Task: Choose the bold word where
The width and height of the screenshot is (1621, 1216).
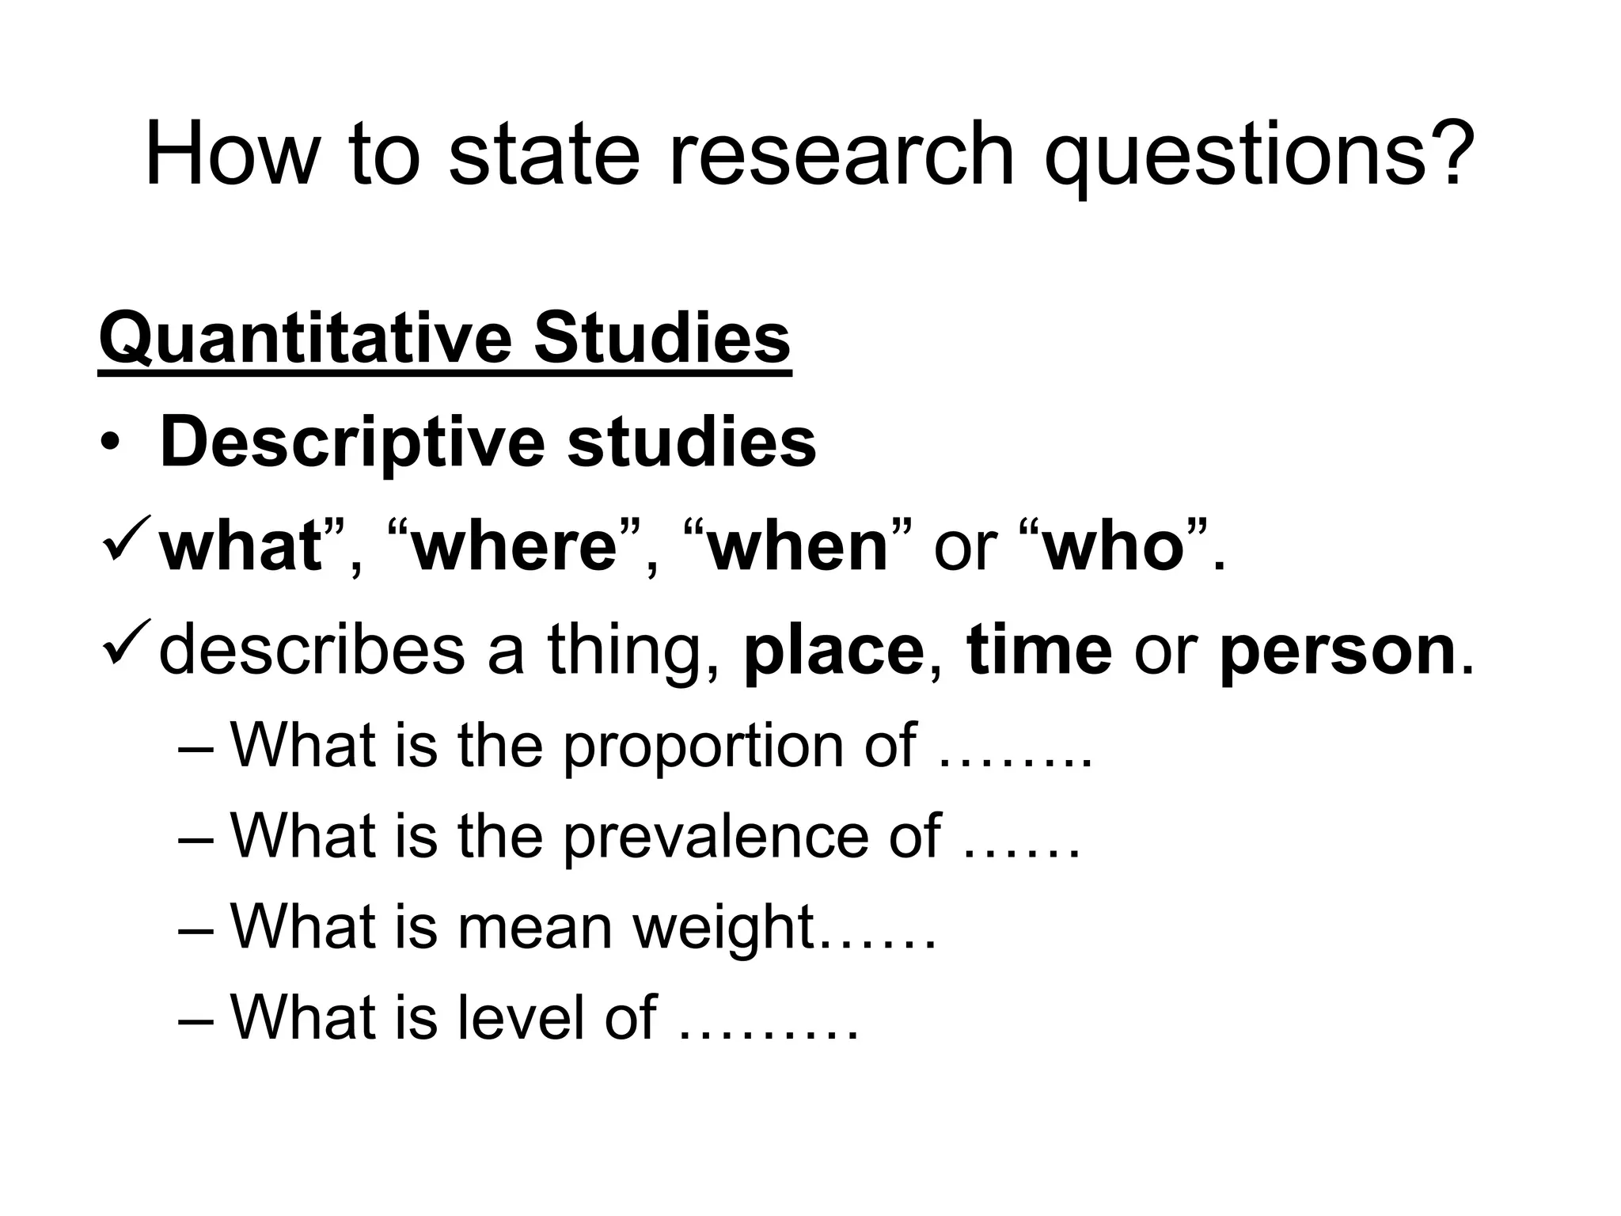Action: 514,547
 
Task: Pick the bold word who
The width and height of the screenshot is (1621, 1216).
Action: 1112,547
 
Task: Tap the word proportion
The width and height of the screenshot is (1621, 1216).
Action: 704,747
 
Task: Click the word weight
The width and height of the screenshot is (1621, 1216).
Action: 724,928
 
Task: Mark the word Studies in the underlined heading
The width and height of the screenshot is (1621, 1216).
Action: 662,339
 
